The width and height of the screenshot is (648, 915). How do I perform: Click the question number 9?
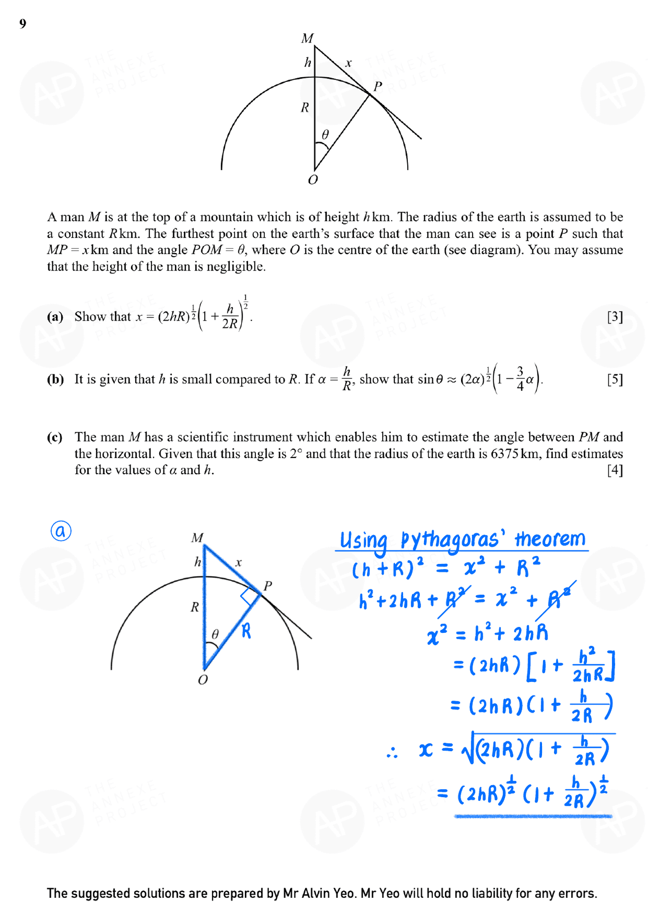(x=23, y=24)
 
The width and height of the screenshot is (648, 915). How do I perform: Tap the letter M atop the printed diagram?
(x=307, y=38)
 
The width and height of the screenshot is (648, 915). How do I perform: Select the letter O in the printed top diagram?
(x=313, y=180)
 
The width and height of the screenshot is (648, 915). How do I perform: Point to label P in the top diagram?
(x=378, y=87)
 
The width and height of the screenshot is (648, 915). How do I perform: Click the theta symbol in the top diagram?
(x=325, y=135)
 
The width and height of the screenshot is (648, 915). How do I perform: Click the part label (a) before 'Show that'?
(x=55, y=317)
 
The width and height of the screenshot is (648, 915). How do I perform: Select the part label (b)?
(x=55, y=380)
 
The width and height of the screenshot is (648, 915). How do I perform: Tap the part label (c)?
(x=55, y=437)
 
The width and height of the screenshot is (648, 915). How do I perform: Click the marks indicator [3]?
(x=615, y=317)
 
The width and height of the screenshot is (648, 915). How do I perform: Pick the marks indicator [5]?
(x=615, y=380)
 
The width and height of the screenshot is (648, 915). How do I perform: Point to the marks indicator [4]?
(x=615, y=470)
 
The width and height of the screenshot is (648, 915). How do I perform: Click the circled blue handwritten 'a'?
(x=61, y=531)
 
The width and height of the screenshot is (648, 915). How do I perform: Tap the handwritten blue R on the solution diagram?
(x=246, y=631)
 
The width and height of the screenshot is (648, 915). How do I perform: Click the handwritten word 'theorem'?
(x=550, y=539)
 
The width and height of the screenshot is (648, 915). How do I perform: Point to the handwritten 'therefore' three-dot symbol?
(x=392, y=754)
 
